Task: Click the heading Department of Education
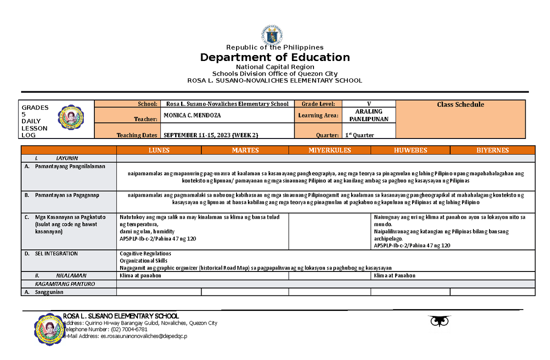coord(275,57)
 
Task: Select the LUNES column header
coord(159,150)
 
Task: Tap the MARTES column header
coord(245,150)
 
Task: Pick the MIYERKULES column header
coord(330,150)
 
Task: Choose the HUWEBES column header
coord(410,150)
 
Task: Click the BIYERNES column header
coord(492,150)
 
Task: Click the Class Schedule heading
coord(460,105)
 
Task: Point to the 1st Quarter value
coord(362,135)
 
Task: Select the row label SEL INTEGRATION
coord(56,253)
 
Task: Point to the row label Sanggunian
coord(49,292)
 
